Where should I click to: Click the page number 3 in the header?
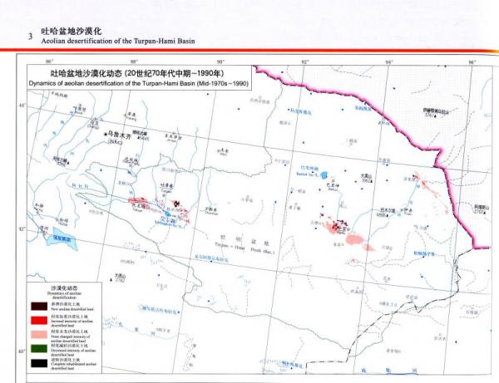coord(30,36)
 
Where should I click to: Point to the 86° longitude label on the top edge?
coord(50,61)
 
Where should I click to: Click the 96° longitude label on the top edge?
coord(472,61)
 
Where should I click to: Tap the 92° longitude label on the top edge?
coord(305,61)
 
